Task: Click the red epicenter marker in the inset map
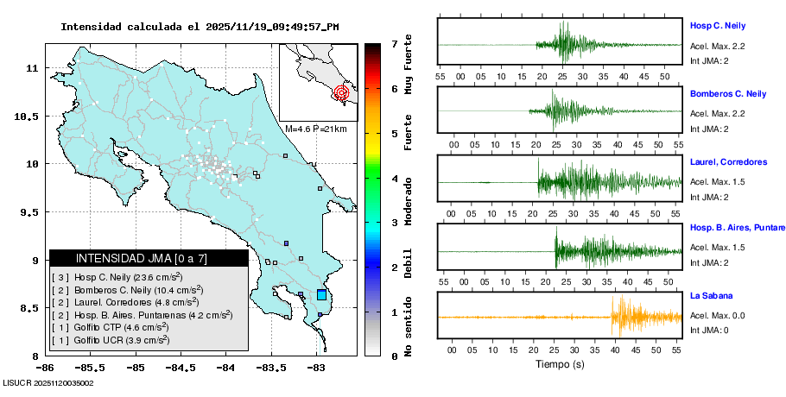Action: coord(341,92)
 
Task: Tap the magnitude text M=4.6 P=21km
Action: coord(315,129)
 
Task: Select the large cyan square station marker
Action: coord(322,295)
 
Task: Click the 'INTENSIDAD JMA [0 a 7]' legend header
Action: coord(149,258)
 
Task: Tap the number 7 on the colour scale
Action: coord(394,43)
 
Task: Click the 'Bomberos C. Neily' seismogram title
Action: coord(728,93)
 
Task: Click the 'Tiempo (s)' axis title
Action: coord(561,365)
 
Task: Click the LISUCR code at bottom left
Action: coord(48,382)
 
